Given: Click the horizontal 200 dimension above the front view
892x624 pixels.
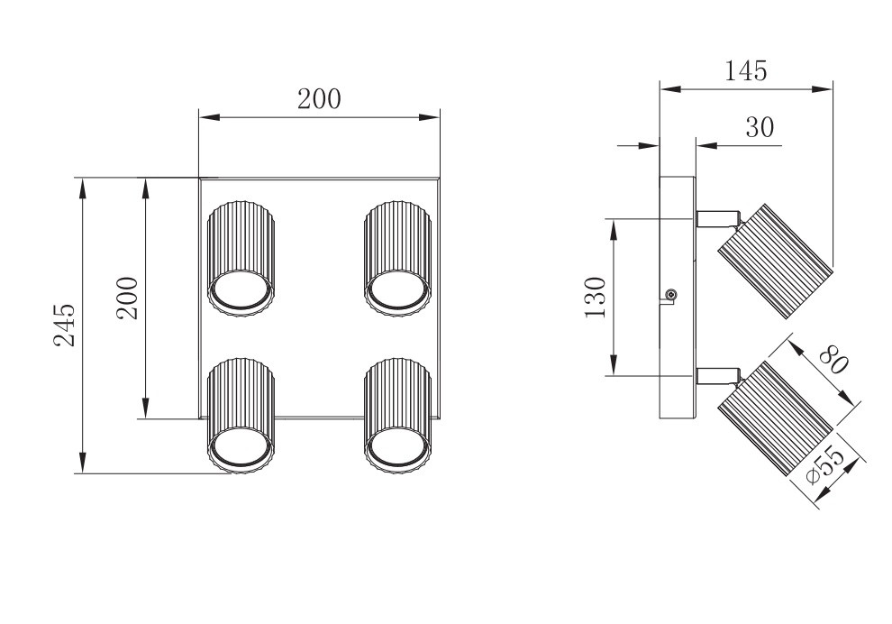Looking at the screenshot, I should (x=319, y=99).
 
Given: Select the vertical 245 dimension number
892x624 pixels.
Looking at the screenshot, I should (x=63, y=325).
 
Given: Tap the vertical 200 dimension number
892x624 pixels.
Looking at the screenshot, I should (x=127, y=297).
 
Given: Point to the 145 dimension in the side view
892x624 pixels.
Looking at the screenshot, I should (x=746, y=71).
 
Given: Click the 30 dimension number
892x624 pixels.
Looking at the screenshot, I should (x=760, y=128).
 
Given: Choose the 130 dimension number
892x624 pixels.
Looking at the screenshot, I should (x=595, y=298).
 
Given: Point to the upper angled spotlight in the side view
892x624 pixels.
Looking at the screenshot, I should (x=773, y=260).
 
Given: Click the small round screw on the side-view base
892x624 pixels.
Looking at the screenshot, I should (x=670, y=295).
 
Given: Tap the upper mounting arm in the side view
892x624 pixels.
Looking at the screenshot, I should (x=717, y=218).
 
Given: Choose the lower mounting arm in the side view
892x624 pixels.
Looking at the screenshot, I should (x=717, y=373).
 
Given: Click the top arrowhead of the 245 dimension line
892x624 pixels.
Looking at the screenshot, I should (x=82, y=186).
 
